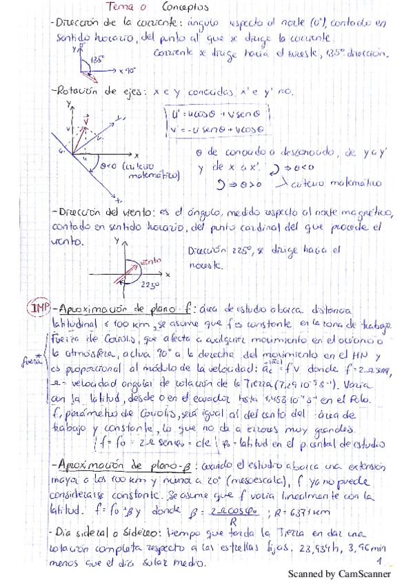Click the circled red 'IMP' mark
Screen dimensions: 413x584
coord(36,307)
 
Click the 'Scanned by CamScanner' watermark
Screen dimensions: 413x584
coord(338,574)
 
